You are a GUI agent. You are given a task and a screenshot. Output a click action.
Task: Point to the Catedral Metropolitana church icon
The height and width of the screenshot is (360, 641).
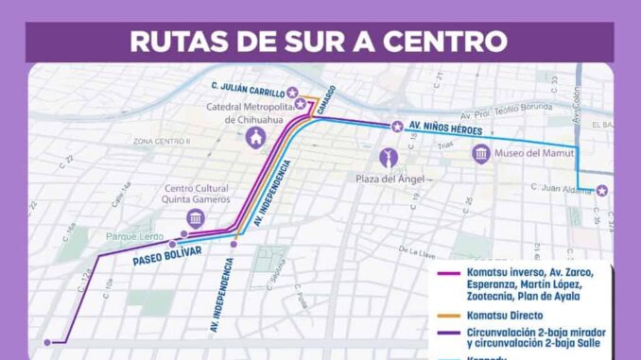point(255,138)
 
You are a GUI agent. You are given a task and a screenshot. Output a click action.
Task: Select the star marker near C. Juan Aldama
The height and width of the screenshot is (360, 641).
point(601,191)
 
